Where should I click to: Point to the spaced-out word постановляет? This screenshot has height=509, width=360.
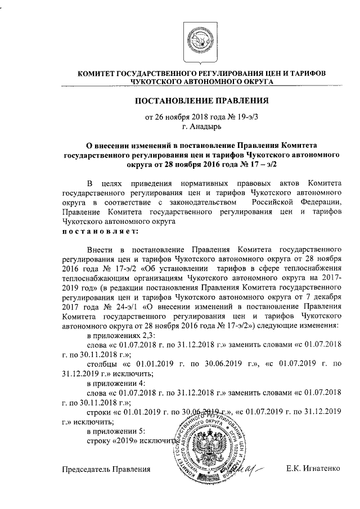click(x=98, y=231)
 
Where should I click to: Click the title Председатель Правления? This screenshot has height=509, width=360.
click(x=107, y=468)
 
